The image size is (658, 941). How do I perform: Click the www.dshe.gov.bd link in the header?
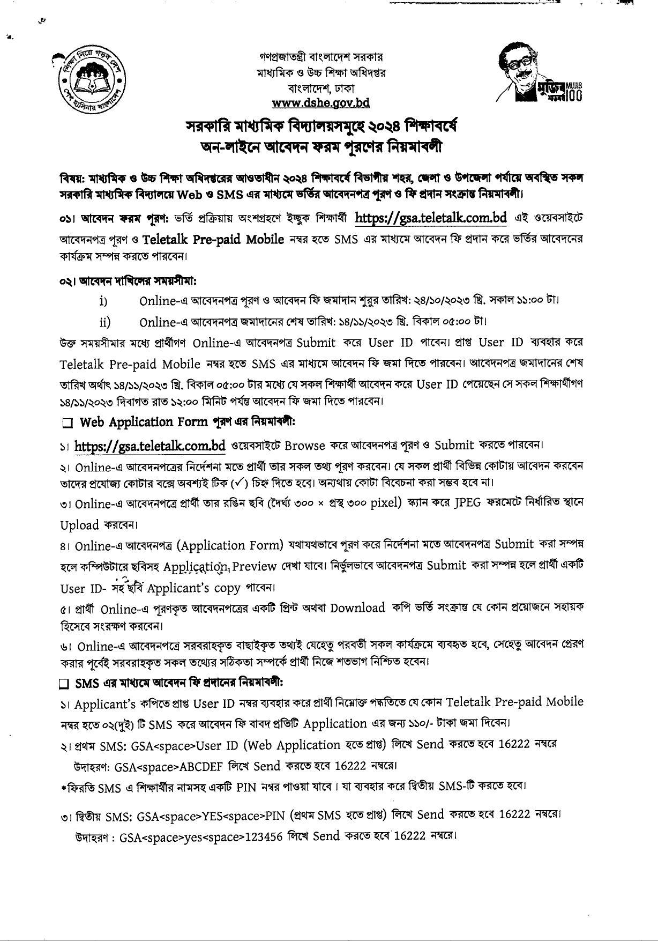click(320, 102)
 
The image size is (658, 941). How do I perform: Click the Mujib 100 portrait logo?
click(538, 73)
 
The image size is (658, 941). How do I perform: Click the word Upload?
click(79, 525)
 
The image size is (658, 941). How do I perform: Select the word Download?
click(357, 607)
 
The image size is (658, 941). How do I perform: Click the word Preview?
click(255, 566)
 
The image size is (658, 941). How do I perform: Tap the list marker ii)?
click(105, 322)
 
